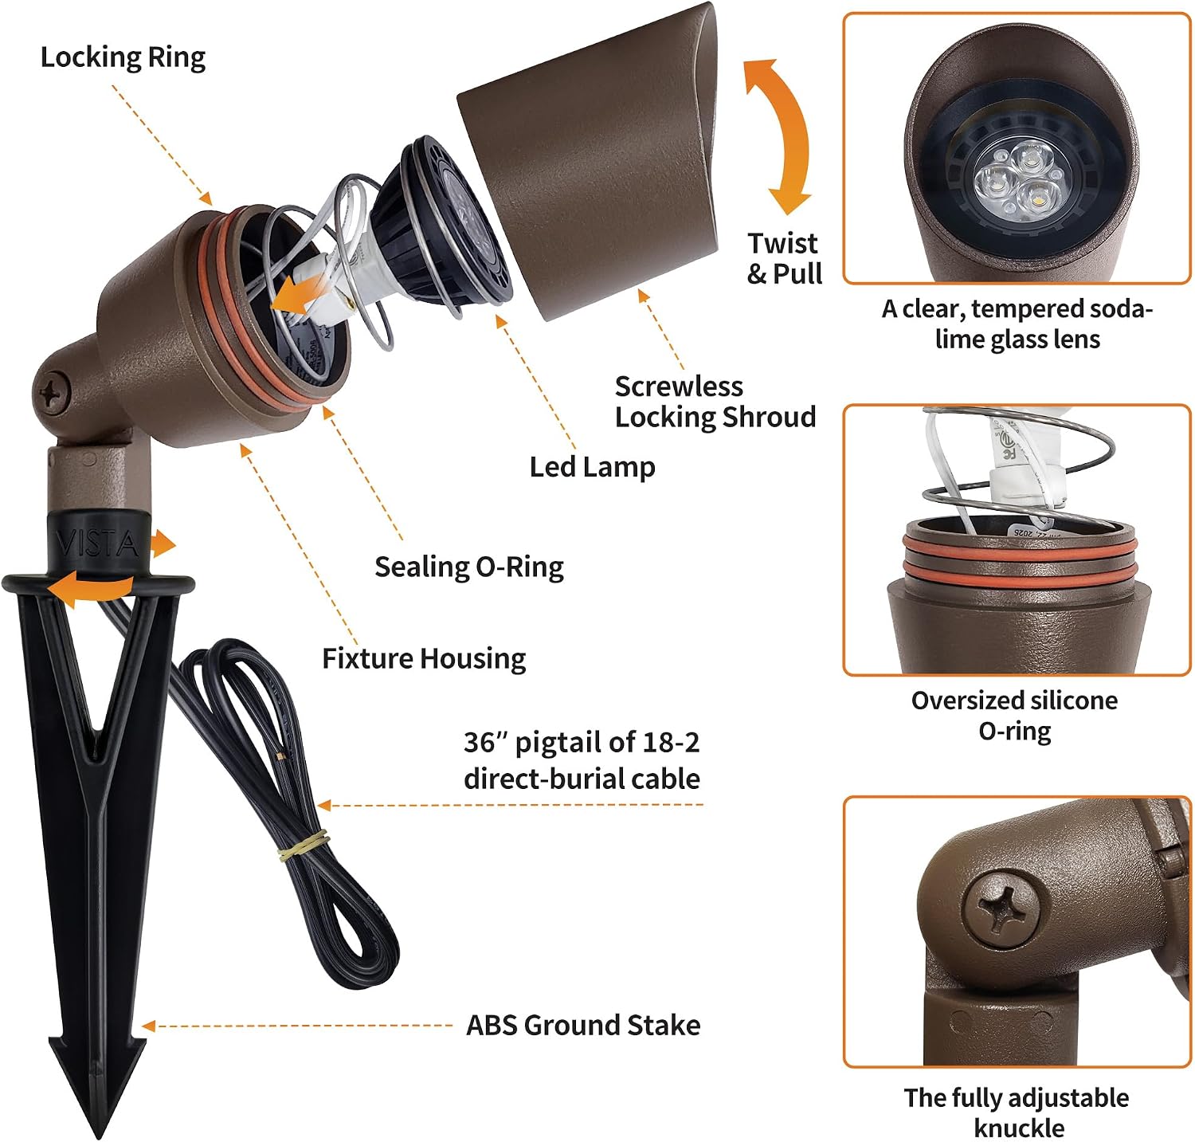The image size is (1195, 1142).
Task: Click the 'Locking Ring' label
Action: click(123, 57)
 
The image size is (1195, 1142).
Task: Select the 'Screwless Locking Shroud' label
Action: click(715, 402)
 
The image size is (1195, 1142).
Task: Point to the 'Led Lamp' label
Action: click(592, 467)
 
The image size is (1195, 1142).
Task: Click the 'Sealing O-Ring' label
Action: click(469, 567)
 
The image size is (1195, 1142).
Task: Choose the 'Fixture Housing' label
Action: click(424, 659)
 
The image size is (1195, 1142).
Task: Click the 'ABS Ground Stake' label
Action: click(583, 1026)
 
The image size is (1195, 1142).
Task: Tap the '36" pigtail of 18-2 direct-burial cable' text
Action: click(582, 760)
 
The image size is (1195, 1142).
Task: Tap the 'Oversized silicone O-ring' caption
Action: click(1015, 716)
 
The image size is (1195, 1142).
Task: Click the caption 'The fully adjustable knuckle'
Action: click(1017, 1113)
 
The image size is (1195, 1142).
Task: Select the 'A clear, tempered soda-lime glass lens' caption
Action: click(1017, 324)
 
